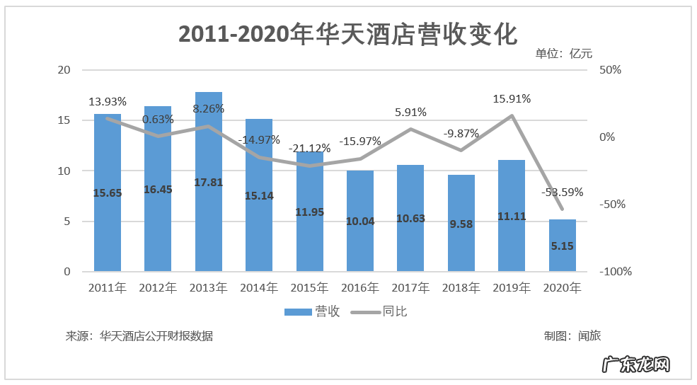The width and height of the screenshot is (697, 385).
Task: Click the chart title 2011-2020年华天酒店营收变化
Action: pos(348,34)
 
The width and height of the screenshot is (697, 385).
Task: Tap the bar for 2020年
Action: pos(563,245)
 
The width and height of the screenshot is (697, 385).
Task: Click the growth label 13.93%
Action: pos(108,102)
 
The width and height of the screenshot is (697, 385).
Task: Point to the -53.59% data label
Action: pos(563,192)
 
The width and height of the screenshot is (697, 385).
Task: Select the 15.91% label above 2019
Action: pos(512,99)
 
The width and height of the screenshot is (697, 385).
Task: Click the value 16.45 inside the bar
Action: pos(158,189)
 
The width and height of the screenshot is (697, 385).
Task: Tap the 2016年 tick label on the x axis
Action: pos(360,288)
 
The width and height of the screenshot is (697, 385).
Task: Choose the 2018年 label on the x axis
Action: pos(461,288)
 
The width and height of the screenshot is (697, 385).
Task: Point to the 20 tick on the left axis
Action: pos(64,70)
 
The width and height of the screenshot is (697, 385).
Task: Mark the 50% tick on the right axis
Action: pos(610,70)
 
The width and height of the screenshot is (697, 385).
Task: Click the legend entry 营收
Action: pos(312,311)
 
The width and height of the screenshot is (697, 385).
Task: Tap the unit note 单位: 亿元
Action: pos(563,53)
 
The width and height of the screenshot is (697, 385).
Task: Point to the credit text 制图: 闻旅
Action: pos(572,336)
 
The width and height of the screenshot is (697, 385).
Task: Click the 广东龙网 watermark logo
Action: pos(635,365)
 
